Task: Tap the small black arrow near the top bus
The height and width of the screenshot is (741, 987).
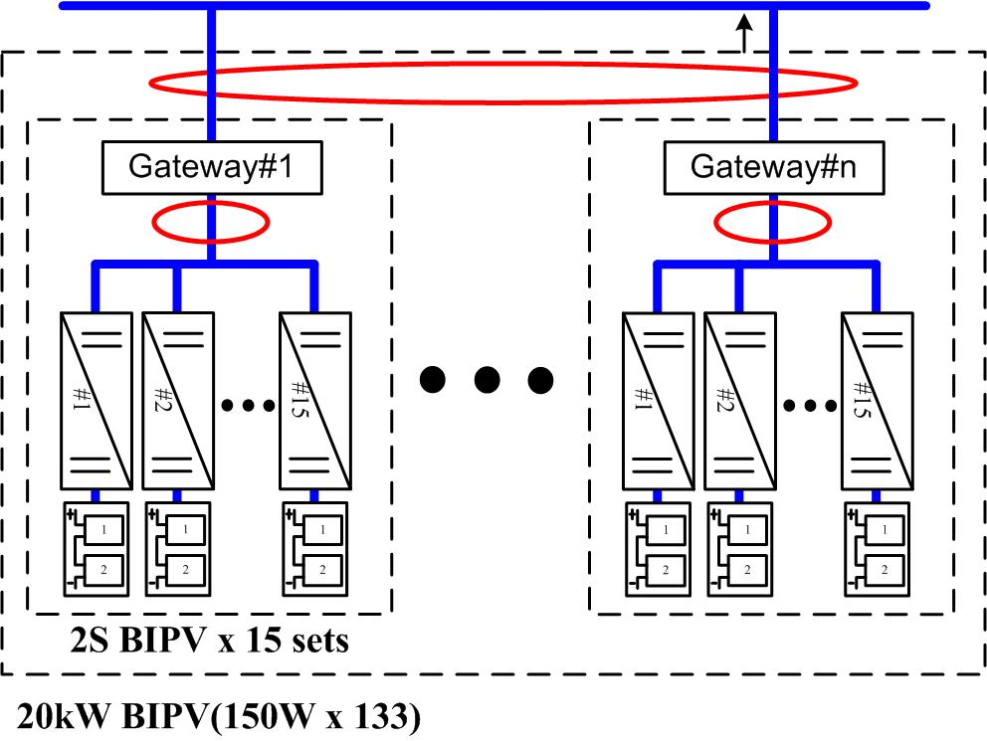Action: point(742,34)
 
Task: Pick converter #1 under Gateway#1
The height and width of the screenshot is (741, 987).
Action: point(97,402)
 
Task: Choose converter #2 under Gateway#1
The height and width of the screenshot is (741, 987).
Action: point(178,402)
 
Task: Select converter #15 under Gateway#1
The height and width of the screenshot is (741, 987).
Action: point(314,402)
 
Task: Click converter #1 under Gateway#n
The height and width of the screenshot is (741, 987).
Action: point(658,402)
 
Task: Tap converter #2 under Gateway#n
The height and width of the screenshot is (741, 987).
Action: point(739,402)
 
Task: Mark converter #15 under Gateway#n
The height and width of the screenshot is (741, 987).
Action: point(876,402)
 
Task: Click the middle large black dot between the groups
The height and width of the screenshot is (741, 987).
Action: point(487,379)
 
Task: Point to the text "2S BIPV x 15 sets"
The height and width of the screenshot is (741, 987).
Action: point(234,640)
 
